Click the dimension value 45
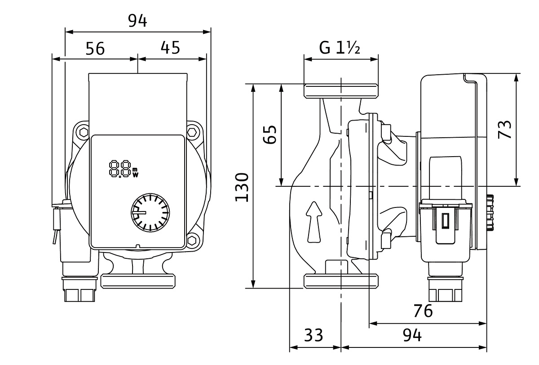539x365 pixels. coord(170,47)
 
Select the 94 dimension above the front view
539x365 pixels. coord(137,21)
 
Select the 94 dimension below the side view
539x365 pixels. coord(411,335)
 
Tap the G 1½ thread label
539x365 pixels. coord(340,47)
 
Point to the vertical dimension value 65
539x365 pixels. coord(269,135)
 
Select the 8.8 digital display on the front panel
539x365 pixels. coord(120,169)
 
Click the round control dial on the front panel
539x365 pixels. coord(149,212)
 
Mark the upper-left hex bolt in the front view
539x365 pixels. coord(83,132)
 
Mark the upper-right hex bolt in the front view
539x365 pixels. coord(193,133)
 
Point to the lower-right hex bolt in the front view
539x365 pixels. coord(193,240)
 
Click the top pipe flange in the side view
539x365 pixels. coord(341,90)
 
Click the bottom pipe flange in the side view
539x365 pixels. coord(341,281)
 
